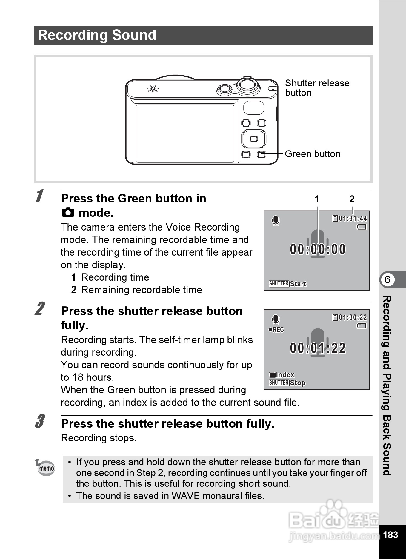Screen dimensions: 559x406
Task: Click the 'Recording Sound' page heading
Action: (x=97, y=35)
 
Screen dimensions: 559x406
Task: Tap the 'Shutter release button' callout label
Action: (x=317, y=88)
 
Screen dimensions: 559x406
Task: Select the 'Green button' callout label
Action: (x=313, y=154)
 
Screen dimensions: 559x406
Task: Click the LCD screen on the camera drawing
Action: (x=185, y=133)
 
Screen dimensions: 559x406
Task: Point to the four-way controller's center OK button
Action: (x=254, y=139)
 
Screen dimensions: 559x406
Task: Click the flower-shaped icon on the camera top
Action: (x=153, y=89)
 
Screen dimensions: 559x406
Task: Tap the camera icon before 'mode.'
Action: (x=68, y=213)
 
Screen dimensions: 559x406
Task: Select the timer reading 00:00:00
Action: (x=318, y=249)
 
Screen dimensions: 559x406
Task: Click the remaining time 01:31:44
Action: (x=353, y=219)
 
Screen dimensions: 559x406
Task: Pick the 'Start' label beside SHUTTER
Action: (x=298, y=284)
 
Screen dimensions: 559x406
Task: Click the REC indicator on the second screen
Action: (x=276, y=330)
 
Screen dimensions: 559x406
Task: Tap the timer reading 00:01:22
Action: (x=318, y=348)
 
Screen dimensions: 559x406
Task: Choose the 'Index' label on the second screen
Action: (x=285, y=375)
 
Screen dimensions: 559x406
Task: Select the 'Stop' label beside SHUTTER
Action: (x=298, y=383)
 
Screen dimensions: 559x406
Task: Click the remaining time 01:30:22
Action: (x=353, y=317)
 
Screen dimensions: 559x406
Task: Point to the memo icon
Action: (x=45, y=467)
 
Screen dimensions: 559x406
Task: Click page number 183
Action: (x=390, y=535)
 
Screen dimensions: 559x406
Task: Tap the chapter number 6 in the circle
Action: (x=387, y=280)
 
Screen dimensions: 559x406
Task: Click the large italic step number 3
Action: (x=40, y=421)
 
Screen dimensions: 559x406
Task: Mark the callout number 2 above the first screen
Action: (x=352, y=199)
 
